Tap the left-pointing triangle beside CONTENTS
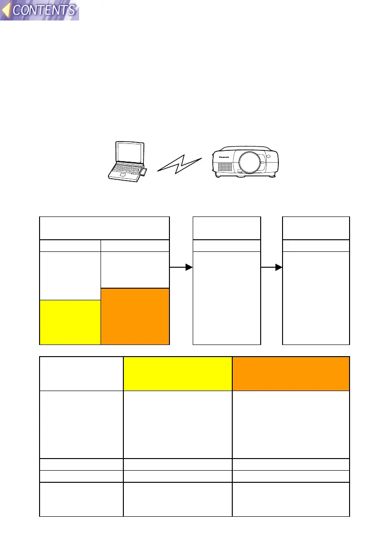[x=7, y=10]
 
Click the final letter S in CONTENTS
[x=70, y=10]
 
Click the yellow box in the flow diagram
[x=70, y=322]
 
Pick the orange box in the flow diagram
[x=135, y=317]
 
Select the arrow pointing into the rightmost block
[x=271, y=268]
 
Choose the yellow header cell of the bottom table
[x=177, y=374]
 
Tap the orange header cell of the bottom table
[x=290, y=374]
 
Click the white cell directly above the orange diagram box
[x=135, y=270]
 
